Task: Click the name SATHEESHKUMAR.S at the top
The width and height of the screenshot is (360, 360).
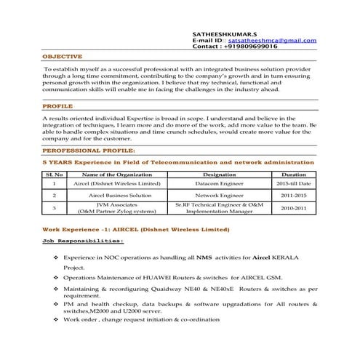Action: [x=223, y=33]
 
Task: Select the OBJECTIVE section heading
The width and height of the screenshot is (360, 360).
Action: [x=62, y=56]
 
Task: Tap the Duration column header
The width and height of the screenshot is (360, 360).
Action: [x=294, y=175]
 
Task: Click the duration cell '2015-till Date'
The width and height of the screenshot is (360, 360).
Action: [x=294, y=184]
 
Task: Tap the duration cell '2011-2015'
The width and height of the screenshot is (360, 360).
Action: [x=294, y=196]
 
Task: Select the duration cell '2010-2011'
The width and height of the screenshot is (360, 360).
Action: [x=294, y=209]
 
